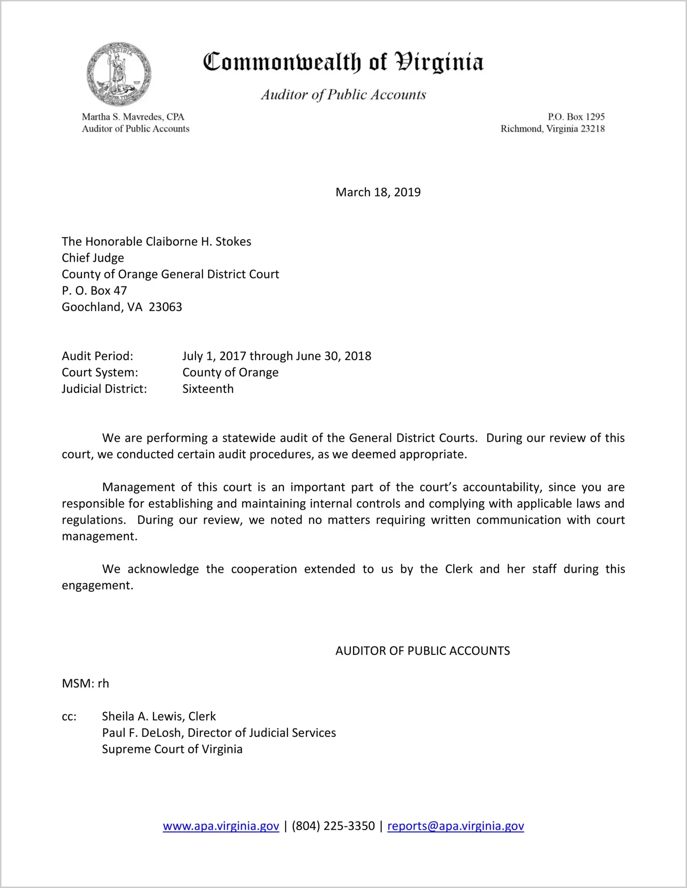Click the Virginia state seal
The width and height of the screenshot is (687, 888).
pyautogui.click(x=119, y=74)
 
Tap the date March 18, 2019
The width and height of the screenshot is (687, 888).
pyautogui.click(x=378, y=192)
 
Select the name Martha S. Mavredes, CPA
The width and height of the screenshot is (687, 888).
pyautogui.click(x=133, y=117)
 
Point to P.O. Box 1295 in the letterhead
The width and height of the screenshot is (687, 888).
pyautogui.click(x=576, y=117)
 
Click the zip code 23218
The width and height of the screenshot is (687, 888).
pyautogui.click(x=593, y=129)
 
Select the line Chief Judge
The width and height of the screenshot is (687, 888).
pyautogui.click(x=93, y=258)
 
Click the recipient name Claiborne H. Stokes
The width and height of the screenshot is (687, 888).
pyautogui.click(x=198, y=241)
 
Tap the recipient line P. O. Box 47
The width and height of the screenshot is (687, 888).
pyautogui.click(x=94, y=291)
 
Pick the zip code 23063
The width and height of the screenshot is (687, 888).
pyautogui.click(x=166, y=307)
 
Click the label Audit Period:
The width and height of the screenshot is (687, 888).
pyautogui.click(x=97, y=356)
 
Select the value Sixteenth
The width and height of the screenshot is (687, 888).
pyautogui.click(x=208, y=389)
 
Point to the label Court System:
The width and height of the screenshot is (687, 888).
pyautogui.click(x=100, y=372)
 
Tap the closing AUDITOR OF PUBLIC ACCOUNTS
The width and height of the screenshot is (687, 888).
pyautogui.click(x=423, y=651)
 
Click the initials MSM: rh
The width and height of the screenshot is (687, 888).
pyautogui.click(x=86, y=684)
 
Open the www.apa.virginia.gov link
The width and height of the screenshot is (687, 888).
pyautogui.click(x=221, y=826)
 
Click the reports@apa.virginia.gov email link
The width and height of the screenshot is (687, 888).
pyautogui.click(x=455, y=826)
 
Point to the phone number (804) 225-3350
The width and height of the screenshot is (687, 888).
pyautogui.click(x=333, y=826)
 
